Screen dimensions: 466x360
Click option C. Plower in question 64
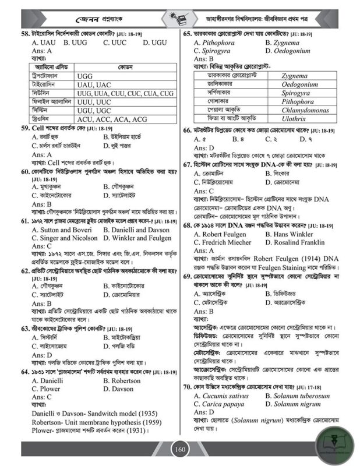[46, 389]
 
